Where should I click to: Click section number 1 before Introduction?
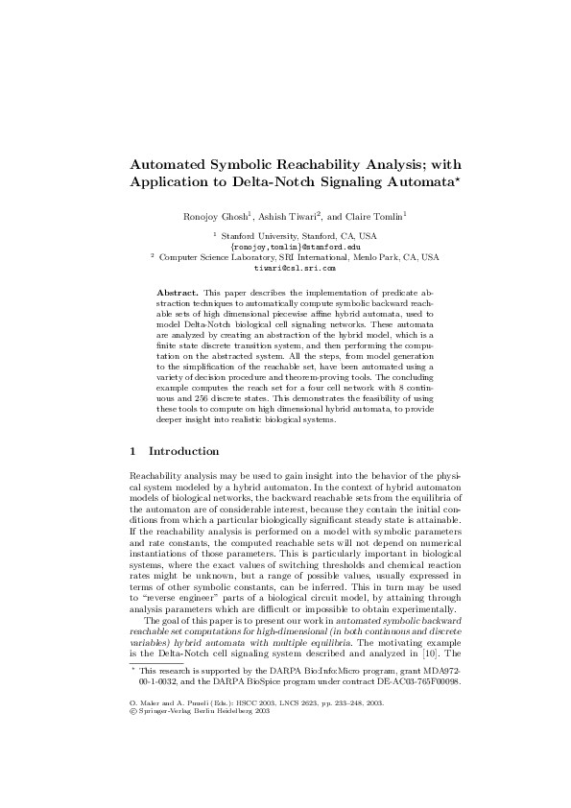[x=131, y=451]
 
